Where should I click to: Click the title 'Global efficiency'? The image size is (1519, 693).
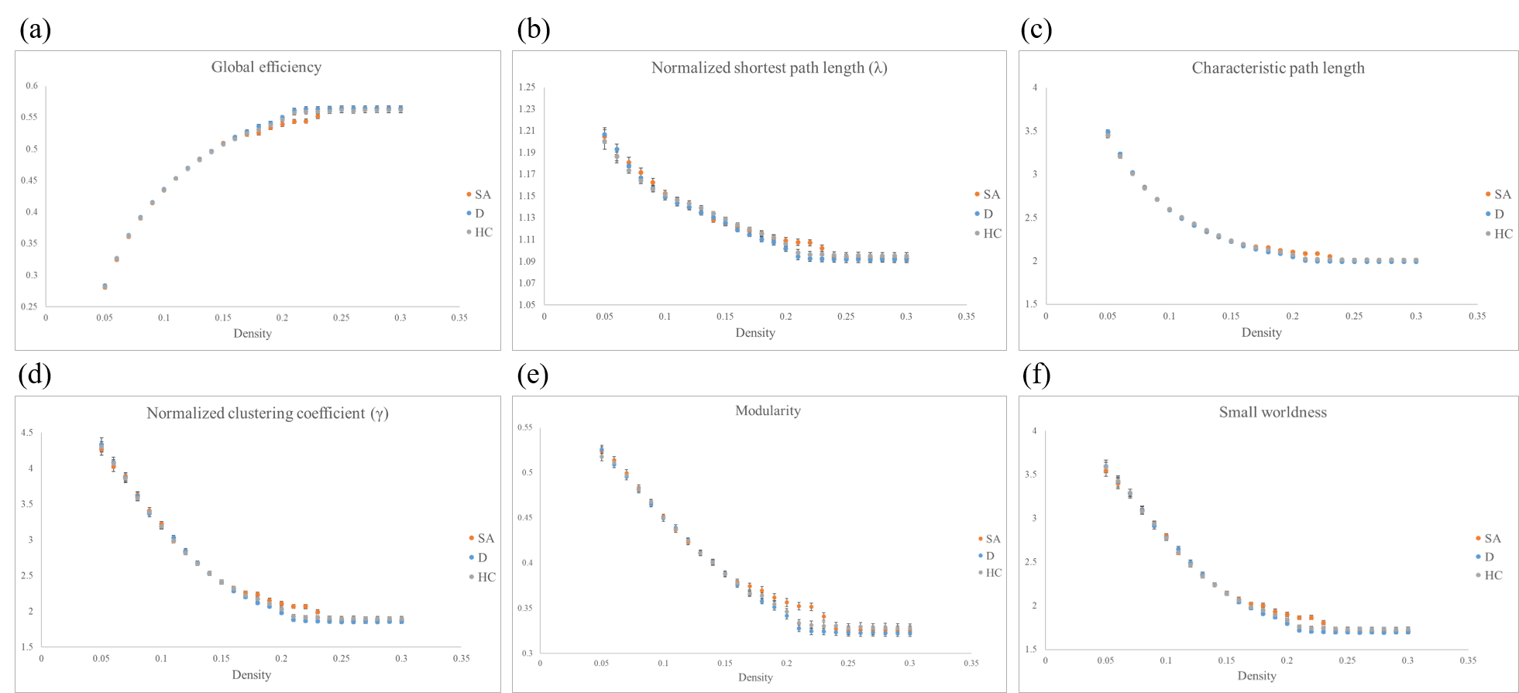[266, 67]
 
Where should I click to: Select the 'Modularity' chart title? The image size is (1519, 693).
[768, 410]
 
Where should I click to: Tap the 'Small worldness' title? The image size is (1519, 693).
[1273, 412]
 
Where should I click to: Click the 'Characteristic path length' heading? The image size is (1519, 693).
[1277, 68]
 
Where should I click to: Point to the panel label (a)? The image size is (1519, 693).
[35, 29]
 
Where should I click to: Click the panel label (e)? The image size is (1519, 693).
[532, 375]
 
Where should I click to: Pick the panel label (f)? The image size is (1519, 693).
[1036, 375]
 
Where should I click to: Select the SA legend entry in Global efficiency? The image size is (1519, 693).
[479, 194]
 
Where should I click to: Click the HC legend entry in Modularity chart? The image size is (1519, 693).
[989, 573]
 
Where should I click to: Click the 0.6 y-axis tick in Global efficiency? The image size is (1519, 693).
[32, 86]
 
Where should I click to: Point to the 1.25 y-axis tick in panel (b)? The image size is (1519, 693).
[527, 87]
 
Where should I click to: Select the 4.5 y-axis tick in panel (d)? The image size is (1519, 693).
[27, 433]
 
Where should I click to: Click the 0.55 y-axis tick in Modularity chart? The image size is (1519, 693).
[525, 427]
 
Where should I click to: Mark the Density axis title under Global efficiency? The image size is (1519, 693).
[253, 334]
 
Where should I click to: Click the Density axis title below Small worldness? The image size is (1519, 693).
[1256, 676]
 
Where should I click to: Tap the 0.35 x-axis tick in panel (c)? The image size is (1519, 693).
[1476, 316]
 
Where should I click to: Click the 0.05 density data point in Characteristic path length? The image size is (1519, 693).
[1108, 133]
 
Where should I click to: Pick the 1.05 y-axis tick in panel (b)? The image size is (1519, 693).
[527, 304]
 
